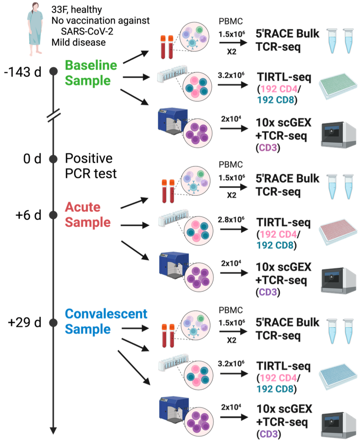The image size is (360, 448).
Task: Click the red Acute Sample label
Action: (88, 214)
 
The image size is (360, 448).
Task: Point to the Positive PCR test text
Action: (89, 166)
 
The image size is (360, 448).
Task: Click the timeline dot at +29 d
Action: (53, 322)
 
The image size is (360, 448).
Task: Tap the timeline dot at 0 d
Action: (53, 159)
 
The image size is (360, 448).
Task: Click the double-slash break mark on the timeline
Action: (53, 115)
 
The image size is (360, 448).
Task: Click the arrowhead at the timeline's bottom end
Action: (53, 430)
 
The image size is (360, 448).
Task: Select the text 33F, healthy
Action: (77, 9)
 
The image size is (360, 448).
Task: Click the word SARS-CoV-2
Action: (85, 31)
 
